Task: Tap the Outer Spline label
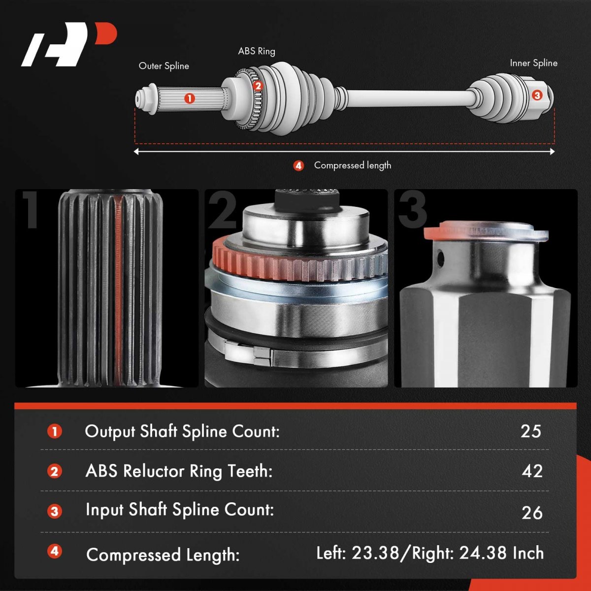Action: pyautogui.click(x=164, y=66)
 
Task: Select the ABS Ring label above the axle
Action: pyautogui.click(x=257, y=51)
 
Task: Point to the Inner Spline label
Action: pyautogui.click(x=534, y=63)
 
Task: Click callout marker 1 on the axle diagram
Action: pyautogui.click(x=190, y=98)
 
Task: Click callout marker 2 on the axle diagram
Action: pyautogui.click(x=258, y=86)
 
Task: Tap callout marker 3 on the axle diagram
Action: pyautogui.click(x=537, y=96)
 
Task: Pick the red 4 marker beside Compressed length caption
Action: pyautogui.click(x=298, y=166)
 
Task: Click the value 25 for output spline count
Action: pyautogui.click(x=530, y=431)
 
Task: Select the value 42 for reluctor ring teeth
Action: pyautogui.click(x=532, y=471)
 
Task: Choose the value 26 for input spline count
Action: pyautogui.click(x=532, y=513)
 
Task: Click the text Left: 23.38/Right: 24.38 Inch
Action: pyautogui.click(x=430, y=553)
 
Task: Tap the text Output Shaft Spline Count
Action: pyautogui.click(x=182, y=431)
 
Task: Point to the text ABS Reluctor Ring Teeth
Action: pyautogui.click(x=179, y=471)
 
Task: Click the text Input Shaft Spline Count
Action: pyautogui.click(x=180, y=510)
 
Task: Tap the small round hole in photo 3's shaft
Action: pyautogui.click(x=440, y=257)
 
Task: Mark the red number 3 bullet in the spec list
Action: pyautogui.click(x=55, y=512)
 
